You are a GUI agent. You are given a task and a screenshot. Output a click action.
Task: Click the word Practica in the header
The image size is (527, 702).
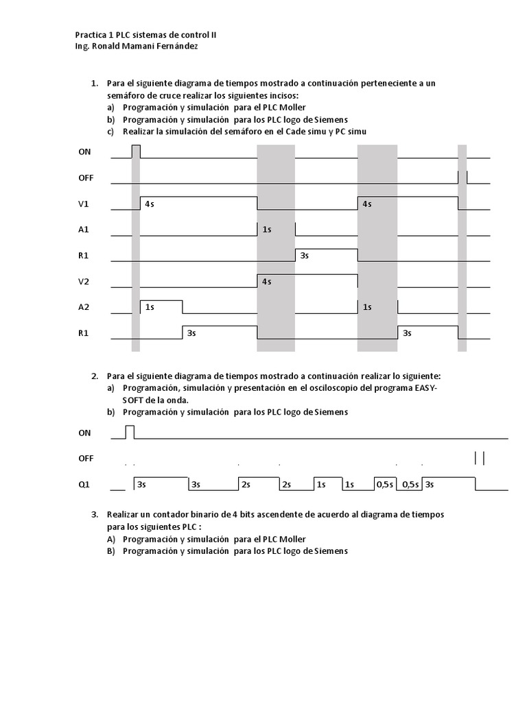click(x=91, y=34)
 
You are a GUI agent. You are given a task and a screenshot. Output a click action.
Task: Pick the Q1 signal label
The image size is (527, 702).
click(x=84, y=484)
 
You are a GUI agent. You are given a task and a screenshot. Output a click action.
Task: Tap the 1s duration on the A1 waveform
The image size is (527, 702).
click(x=268, y=230)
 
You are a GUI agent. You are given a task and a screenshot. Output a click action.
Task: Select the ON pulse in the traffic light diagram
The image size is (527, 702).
click(x=136, y=152)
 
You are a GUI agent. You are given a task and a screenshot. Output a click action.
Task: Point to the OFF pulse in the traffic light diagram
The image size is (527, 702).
click(x=462, y=177)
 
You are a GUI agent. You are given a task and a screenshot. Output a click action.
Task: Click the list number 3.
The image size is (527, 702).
click(x=94, y=513)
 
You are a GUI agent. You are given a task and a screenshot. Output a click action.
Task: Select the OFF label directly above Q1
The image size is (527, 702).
click(x=85, y=458)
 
